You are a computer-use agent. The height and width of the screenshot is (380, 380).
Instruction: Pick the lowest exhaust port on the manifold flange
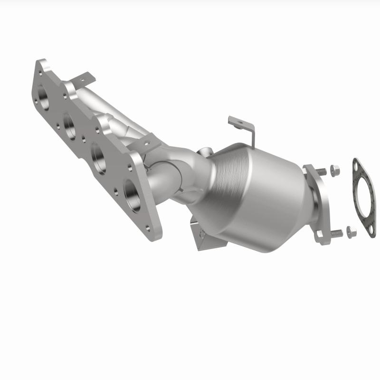click(133, 190)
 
